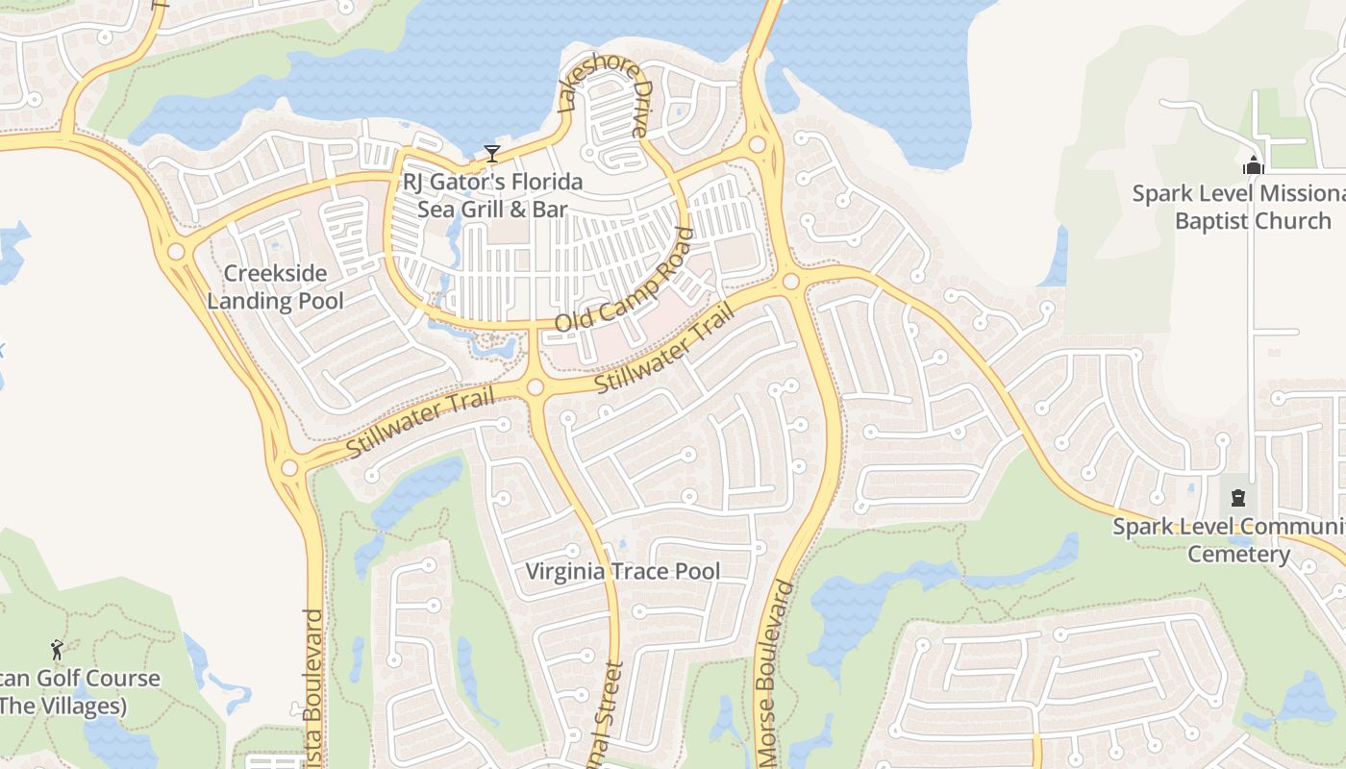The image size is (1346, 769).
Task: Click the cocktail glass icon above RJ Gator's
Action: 492,153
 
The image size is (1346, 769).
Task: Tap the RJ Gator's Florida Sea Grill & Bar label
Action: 492,195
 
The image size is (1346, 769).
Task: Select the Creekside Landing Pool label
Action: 275,287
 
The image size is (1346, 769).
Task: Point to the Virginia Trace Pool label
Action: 622,572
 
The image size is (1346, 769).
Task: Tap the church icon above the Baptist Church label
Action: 1253,165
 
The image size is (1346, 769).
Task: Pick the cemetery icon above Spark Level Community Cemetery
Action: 1238,498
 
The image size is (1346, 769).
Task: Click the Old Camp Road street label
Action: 624,280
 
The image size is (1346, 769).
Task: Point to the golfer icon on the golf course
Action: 57,650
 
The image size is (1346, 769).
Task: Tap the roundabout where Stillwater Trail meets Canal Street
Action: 536,387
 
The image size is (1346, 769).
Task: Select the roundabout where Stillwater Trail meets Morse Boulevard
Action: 790,282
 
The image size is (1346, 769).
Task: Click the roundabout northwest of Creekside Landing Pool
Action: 176,252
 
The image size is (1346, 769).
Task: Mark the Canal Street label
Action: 610,716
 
